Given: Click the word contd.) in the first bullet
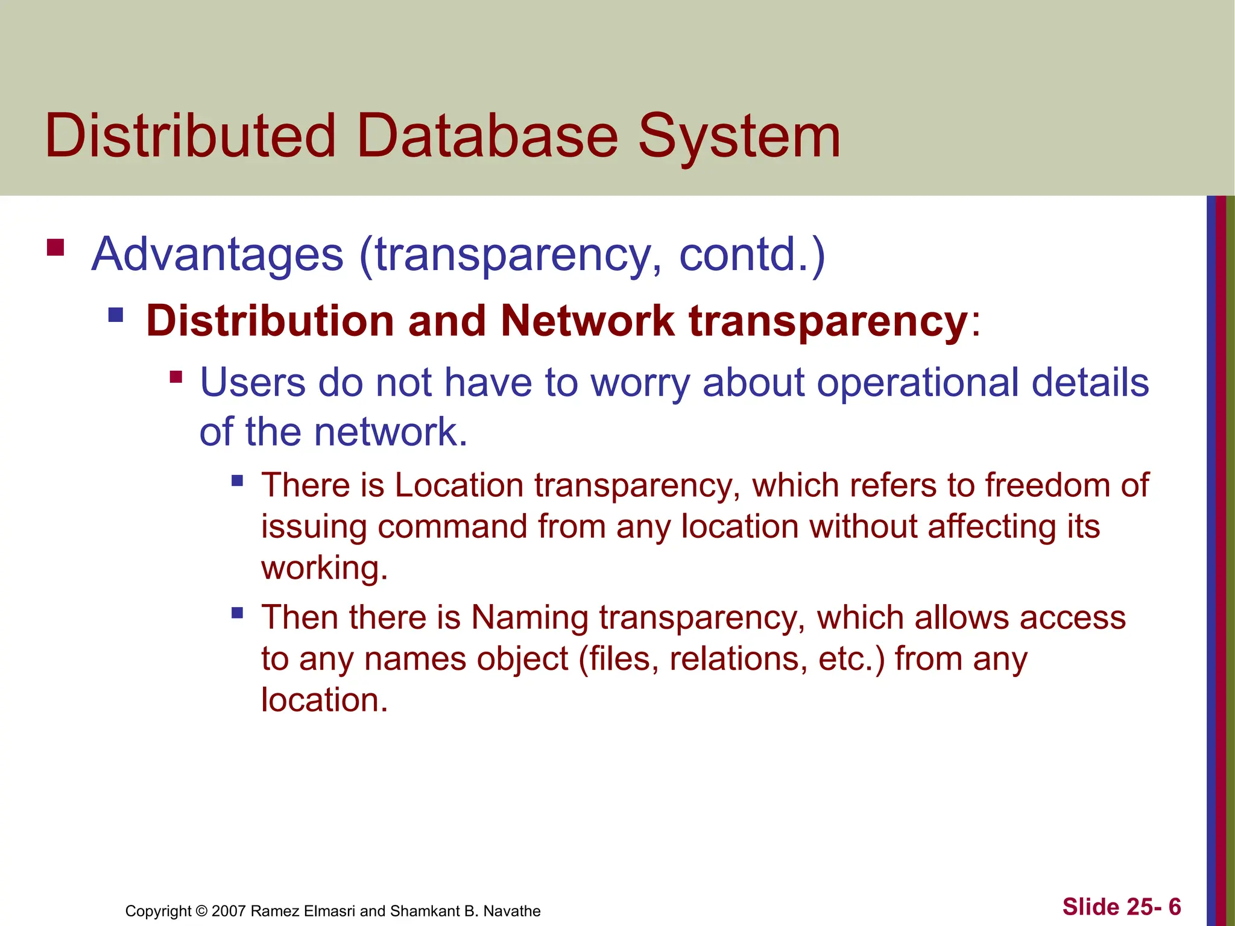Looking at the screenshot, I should [752, 255].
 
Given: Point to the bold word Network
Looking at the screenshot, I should [587, 321].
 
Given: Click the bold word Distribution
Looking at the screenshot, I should [270, 321].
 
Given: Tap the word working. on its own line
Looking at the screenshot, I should [324, 568].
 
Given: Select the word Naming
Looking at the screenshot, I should [530, 618].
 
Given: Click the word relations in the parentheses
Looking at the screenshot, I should [738, 659].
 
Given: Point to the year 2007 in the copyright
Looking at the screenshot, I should [229, 911].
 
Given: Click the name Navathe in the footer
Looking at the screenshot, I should [512, 911].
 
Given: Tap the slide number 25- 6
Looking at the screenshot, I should [1151, 907].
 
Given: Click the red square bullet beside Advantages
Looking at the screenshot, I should [55, 248].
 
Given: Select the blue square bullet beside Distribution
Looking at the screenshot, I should [116, 315].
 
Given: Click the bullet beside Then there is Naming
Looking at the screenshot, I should [237, 613].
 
